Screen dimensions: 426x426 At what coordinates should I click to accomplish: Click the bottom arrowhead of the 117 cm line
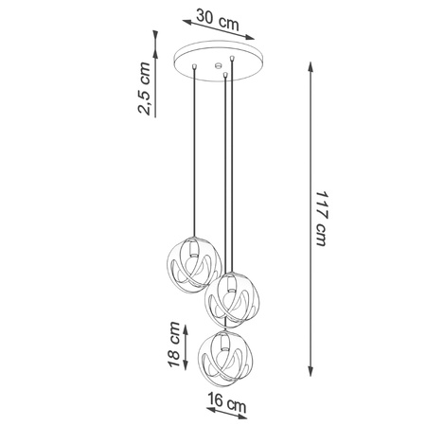point(312,376)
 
